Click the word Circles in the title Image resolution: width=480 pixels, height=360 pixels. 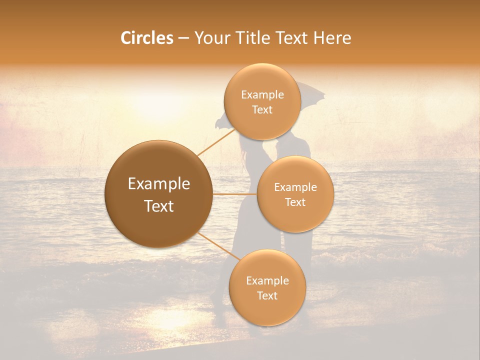(146, 38)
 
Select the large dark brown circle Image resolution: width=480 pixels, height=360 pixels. (159, 194)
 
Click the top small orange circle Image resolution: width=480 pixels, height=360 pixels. (262, 101)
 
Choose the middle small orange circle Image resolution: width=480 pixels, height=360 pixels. (295, 194)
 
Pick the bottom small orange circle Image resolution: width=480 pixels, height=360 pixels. (267, 287)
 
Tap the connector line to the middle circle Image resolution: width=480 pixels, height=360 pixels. (235, 194)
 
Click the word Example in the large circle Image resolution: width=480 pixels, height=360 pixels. (159, 184)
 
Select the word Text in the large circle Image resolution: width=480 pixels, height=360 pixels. (159, 206)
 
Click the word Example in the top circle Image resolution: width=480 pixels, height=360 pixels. (262, 95)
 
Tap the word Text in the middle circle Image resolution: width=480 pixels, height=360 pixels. (295, 202)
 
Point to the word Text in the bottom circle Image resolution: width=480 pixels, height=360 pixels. (267, 295)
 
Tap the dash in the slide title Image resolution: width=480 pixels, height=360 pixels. (183, 38)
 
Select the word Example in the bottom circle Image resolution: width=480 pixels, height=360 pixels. (267, 280)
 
